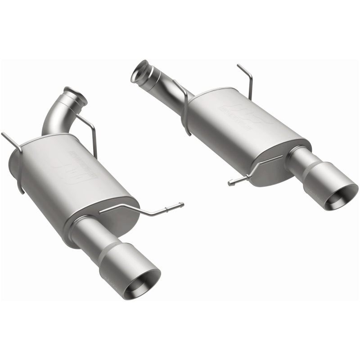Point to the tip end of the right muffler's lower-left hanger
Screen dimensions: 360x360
[230, 183]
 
